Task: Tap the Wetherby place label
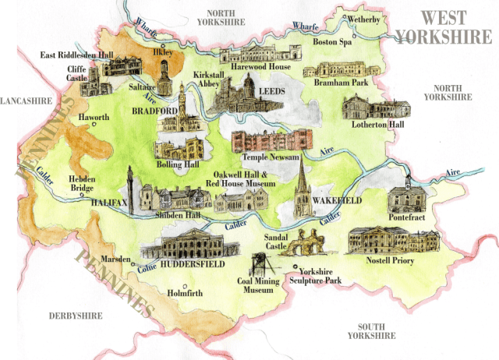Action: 365,18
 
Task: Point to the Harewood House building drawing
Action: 254,54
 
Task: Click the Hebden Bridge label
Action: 83,184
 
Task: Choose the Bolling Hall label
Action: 181,166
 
